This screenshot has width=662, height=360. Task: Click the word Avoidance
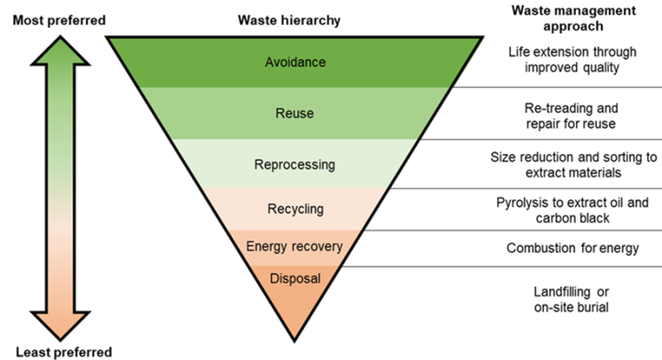pyautogui.click(x=294, y=63)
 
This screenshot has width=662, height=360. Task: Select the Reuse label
pyautogui.click(x=294, y=113)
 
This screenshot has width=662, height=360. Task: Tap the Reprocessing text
pyautogui.click(x=294, y=164)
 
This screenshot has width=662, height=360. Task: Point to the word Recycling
pyautogui.click(x=294, y=209)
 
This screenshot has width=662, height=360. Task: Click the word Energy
pyautogui.click(x=265, y=247)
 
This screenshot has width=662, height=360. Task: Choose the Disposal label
pyautogui.click(x=294, y=278)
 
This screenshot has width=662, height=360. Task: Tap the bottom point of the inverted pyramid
pyautogui.click(x=294, y=335)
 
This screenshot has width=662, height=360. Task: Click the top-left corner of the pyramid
pyautogui.click(x=112, y=40)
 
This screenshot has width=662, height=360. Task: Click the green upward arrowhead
pyautogui.click(x=60, y=52)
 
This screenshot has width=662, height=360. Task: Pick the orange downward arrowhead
pyautogui.click(x=60, y=326)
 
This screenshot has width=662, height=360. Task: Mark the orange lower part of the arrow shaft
pyautogui.click(x=60, y=266)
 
